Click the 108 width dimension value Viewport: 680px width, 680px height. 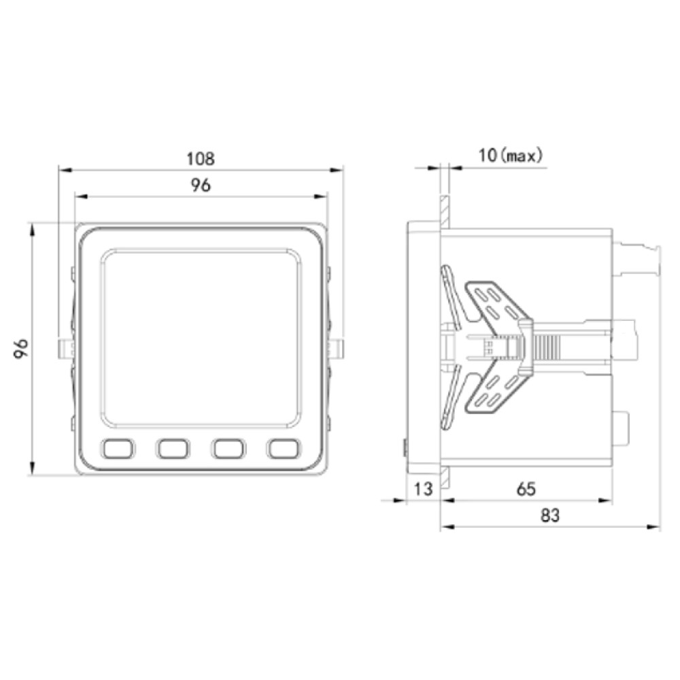(201, 158)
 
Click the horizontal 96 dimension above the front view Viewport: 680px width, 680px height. (201, 185)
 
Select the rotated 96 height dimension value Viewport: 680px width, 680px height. (21, 348)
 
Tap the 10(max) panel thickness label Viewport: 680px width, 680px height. (511, 155)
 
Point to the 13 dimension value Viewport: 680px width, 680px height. (423, 489)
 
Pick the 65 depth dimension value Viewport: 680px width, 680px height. (526, 489)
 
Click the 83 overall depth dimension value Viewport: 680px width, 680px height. (550, 515)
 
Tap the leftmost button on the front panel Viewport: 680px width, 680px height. (118, 448)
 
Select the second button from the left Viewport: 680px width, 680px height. (173, 448)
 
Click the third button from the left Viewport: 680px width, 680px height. (228, 448)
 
